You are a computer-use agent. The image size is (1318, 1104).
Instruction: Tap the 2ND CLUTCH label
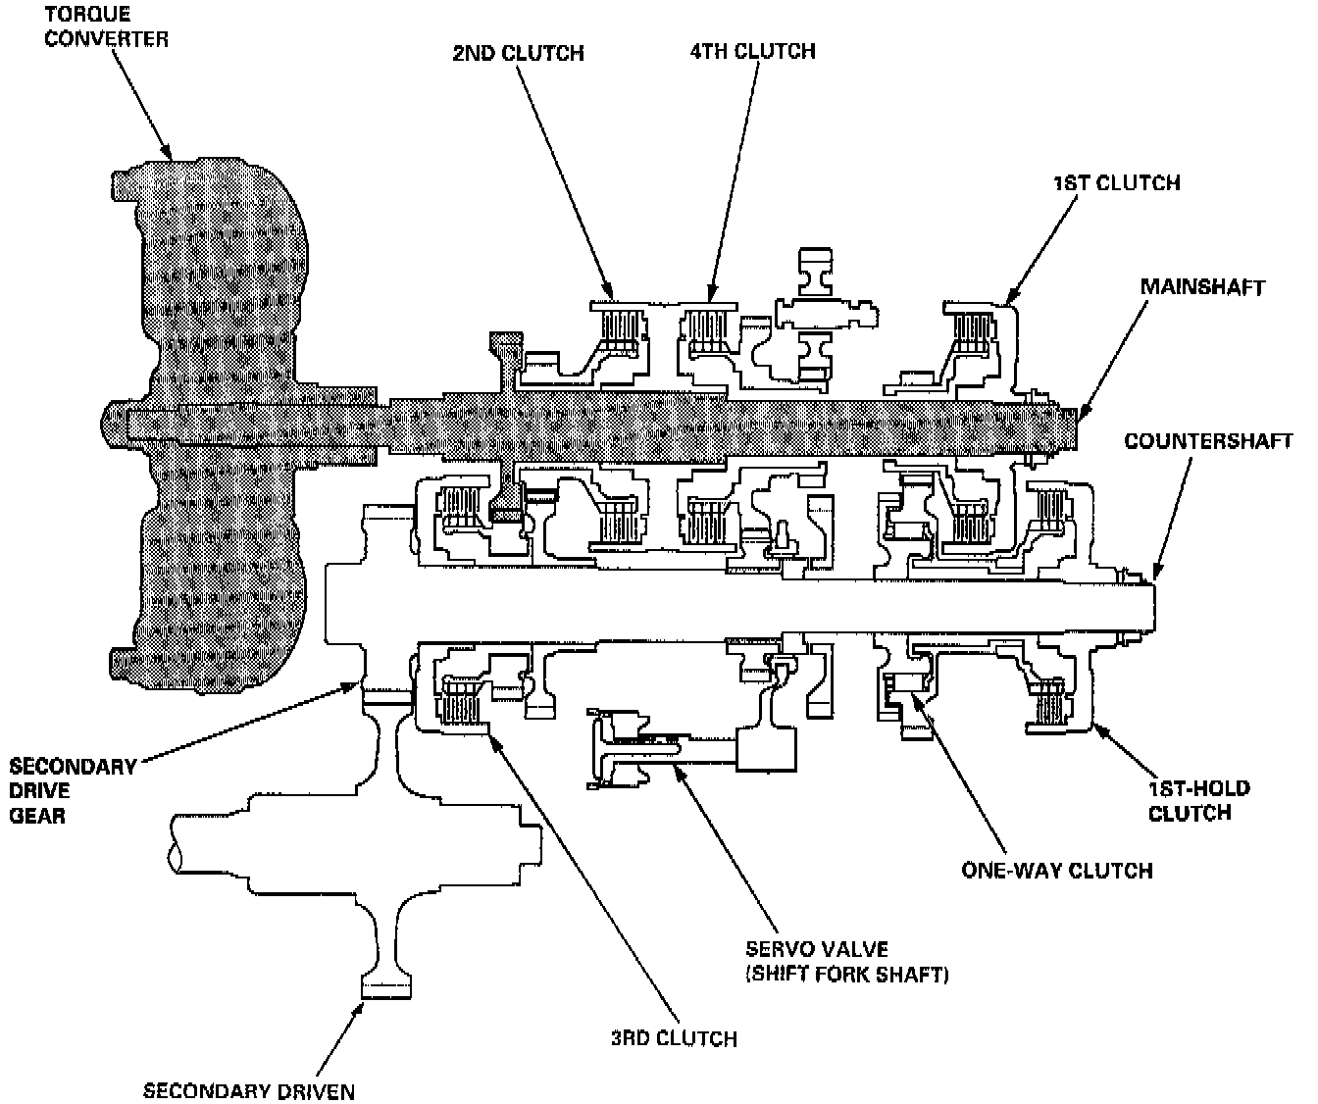click(x=518, y=52)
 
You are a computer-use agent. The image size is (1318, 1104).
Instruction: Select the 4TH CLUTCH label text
click(x=752, y=50)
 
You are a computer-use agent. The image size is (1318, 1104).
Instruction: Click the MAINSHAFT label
click(x=1202, y=287)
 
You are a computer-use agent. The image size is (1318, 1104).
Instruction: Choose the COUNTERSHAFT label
click(x=1208, y=441)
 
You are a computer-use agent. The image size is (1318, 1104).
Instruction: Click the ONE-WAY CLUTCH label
click(x=1056, y=870)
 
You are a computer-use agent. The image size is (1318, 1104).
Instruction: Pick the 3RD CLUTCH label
click(x=674, y=1038)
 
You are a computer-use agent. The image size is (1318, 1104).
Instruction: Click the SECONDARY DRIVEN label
click(x=249, y=1090)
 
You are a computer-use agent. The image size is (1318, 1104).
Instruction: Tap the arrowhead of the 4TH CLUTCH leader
click(x=712, y=293)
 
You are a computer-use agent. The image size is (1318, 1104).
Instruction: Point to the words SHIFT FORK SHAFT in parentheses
click(x=846, y=976)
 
